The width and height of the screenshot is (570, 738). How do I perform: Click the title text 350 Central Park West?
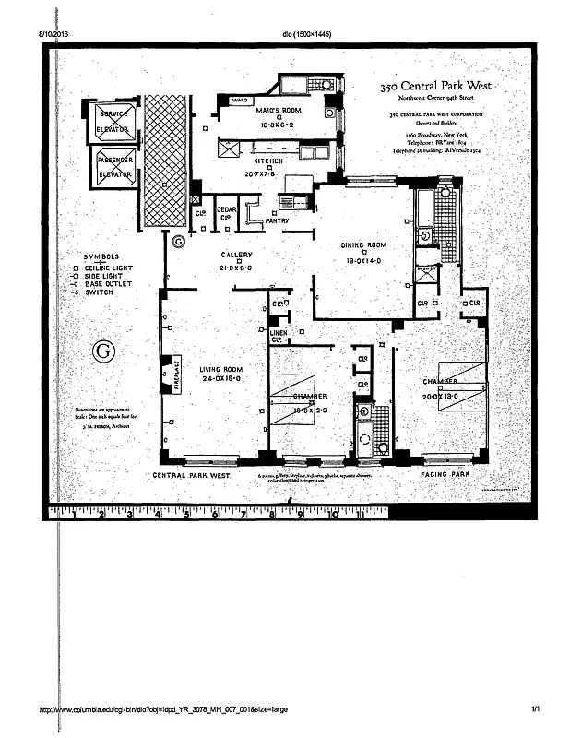pyautogui.click(x=437, y=86)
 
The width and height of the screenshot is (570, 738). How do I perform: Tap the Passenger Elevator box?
pyautogui.click(x=114, y=166)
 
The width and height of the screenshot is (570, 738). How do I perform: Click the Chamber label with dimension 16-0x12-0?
pyautogui.click(x=309, y=397)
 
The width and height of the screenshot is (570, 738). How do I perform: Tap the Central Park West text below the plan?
pyautogui.click(x=191, y=475)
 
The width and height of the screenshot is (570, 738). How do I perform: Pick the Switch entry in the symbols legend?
pyautogui.click(x=99, y=292)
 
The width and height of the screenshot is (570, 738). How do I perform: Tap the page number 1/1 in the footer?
pyautogui.click(x=535, y=709)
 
